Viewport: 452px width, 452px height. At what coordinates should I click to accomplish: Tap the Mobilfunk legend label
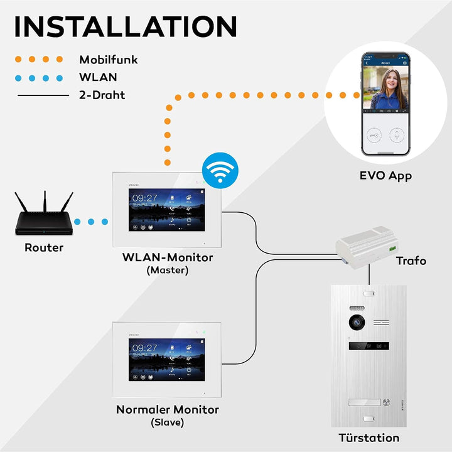(x=108, y=60)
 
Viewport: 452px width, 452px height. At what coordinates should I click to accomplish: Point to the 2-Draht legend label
(x=102, y=95)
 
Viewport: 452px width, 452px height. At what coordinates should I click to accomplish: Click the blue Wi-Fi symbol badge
(x=219, y=170)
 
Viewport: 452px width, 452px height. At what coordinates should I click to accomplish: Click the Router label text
(x=44, y=247)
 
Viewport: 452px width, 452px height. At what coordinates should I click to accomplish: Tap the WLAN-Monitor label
(x=167, y=257)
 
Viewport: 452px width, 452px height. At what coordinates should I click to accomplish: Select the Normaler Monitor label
(x=167, y=409)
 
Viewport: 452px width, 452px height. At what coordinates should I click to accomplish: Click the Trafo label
(x=411, y=260)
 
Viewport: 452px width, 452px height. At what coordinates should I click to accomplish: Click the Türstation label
(x=369, y=438)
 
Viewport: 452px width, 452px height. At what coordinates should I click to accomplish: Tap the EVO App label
(x=385, y=176)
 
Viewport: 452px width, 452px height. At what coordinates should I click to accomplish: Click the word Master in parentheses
(x=167, y=271)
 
